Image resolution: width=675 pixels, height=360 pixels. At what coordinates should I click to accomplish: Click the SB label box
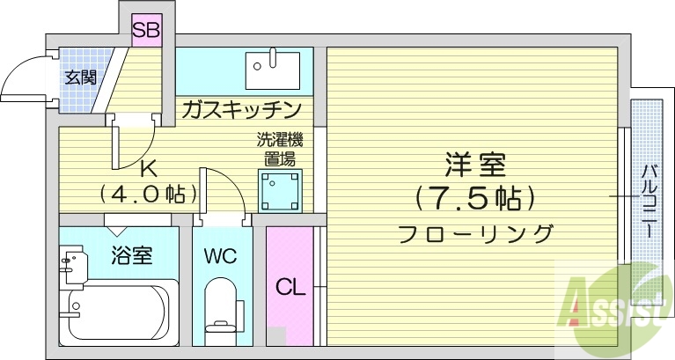(x=146, y=32)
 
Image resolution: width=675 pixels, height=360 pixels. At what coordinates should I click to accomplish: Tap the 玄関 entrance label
(x=80, y=77)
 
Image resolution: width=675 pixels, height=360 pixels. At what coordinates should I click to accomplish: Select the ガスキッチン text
(x=242, y=110)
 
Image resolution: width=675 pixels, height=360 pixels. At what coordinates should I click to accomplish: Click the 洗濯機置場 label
(x=280, y=150)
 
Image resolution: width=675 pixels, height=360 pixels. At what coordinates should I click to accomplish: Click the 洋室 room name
(x=474, y=165)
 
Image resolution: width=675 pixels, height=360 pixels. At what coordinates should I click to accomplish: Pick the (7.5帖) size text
(x=474, y=198)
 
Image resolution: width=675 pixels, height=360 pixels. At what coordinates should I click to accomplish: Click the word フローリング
(x=475, y=234)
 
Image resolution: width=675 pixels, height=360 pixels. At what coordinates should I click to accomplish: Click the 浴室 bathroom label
(x=132, y=256)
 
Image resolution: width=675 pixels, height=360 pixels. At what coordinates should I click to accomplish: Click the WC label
(x=220, y=257)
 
